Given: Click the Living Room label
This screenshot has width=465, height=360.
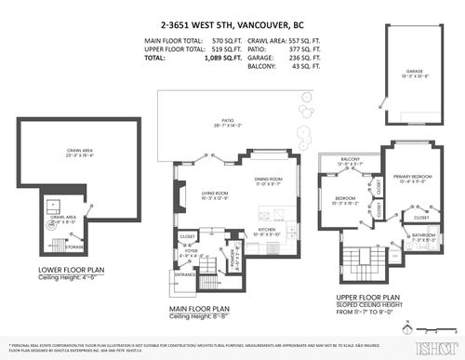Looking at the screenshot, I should tap(215, 193).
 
